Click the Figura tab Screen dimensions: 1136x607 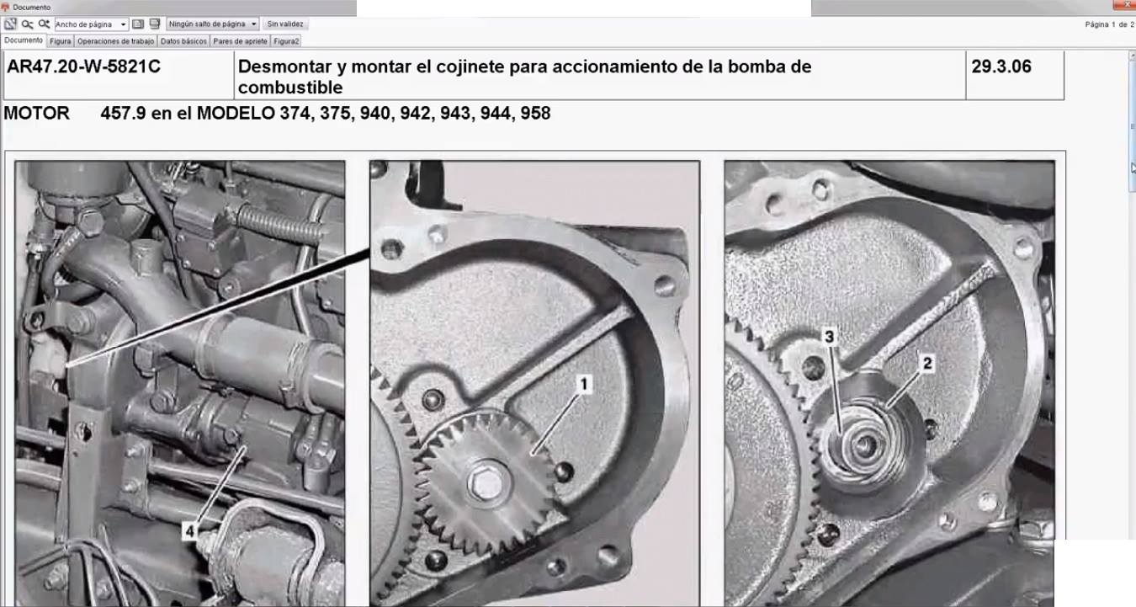pos(61,41)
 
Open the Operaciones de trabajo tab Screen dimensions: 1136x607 pos(115,41)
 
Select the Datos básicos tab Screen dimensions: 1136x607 pos(183,41)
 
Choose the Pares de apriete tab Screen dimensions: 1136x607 pos(240,41)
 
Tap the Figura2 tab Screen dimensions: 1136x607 pos(286,41)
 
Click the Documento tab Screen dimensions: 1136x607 pos(24,40)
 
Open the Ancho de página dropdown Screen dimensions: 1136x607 pos(91,24)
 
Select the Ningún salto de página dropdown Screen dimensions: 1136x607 pos(213,24)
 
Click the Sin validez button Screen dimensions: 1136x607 pos(285,24)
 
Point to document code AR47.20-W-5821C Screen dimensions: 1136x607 pos(83,67)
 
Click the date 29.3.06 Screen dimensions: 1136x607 pos(1001,67)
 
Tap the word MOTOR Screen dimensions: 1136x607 pos(36,113)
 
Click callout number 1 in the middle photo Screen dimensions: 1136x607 pos(584,384)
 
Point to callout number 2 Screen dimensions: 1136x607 pos(927,364)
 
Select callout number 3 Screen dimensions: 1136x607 pos(829,337)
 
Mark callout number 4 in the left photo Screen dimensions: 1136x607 pos(189,531)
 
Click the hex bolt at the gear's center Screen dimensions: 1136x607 pos(486,484)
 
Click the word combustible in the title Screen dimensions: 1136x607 pos(290,88)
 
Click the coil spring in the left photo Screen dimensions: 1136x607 pos(279,224)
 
